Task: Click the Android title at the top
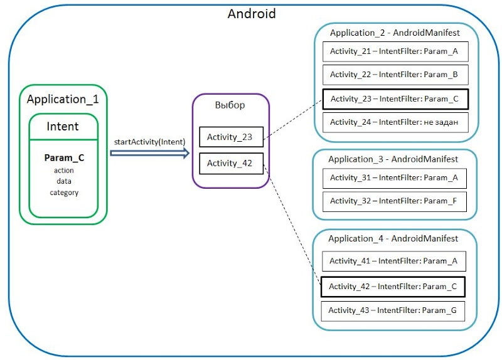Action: click(251, 13)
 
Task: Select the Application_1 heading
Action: click(63, 99)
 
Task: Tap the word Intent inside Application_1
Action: click(63, 126)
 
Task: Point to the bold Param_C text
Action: click(64, 158)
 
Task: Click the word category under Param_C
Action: click(64, 193)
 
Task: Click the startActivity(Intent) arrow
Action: click(150, 152)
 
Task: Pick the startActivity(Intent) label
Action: click(149, 142)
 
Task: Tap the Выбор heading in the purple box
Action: click(230, 105)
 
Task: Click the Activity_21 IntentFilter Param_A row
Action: click(395, 52)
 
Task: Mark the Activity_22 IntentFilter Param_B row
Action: click(395, 75)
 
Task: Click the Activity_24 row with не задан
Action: click(395, 122)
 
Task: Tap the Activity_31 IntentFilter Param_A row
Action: click(395, 178)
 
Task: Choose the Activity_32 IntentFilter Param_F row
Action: click(395, 201)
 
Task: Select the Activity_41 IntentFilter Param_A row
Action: click(393, 261)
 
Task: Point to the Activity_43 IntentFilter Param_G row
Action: click(393, 310)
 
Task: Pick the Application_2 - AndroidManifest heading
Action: click(395, 33)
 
